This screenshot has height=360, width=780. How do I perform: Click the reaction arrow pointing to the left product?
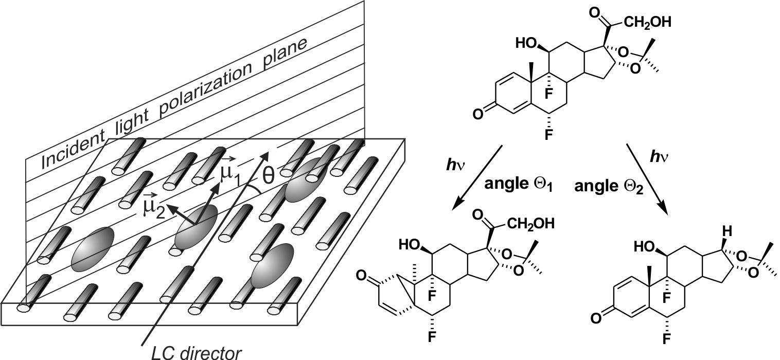[x=478, y=177]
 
